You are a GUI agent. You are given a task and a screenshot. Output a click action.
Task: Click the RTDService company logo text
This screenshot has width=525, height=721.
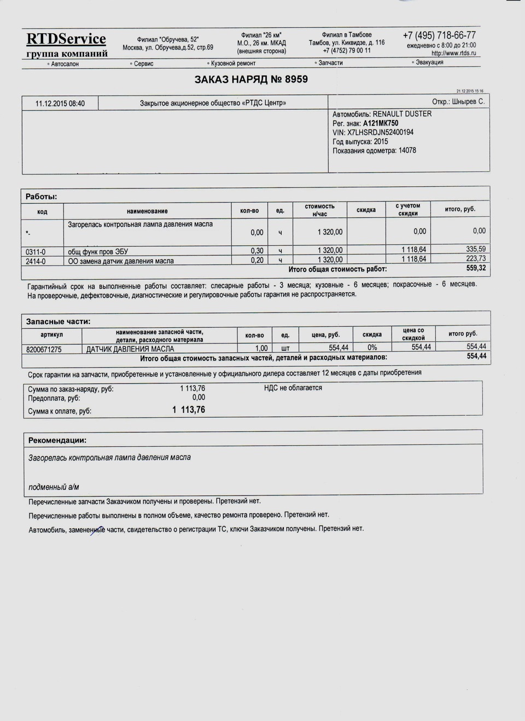66,39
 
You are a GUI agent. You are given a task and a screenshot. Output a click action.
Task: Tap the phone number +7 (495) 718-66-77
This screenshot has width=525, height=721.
439,36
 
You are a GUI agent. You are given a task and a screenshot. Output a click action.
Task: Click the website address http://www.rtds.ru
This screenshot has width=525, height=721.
453,54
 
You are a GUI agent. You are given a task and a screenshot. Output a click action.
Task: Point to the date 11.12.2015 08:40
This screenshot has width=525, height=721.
60,103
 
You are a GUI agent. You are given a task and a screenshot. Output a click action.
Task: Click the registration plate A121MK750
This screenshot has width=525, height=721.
381,123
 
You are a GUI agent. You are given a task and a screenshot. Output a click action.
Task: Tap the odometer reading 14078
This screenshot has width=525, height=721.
407,150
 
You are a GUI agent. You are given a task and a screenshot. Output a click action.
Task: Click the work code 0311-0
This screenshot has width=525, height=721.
36,252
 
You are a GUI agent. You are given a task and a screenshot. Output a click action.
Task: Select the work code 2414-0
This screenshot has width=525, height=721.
36,261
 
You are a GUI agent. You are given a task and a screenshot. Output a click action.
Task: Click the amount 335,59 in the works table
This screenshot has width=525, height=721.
475,249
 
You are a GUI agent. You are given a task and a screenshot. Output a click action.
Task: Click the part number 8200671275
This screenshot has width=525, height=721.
44,349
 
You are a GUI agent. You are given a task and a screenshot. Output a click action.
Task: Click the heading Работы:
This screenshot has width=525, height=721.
42,197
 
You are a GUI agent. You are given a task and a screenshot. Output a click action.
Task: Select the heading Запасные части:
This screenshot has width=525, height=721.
59,322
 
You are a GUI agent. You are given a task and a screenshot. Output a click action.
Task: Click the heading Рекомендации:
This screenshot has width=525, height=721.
57,440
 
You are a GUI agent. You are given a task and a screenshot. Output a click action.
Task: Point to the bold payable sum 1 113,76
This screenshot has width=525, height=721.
189,410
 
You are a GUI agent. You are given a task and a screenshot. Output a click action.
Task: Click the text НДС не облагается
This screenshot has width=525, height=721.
293,388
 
